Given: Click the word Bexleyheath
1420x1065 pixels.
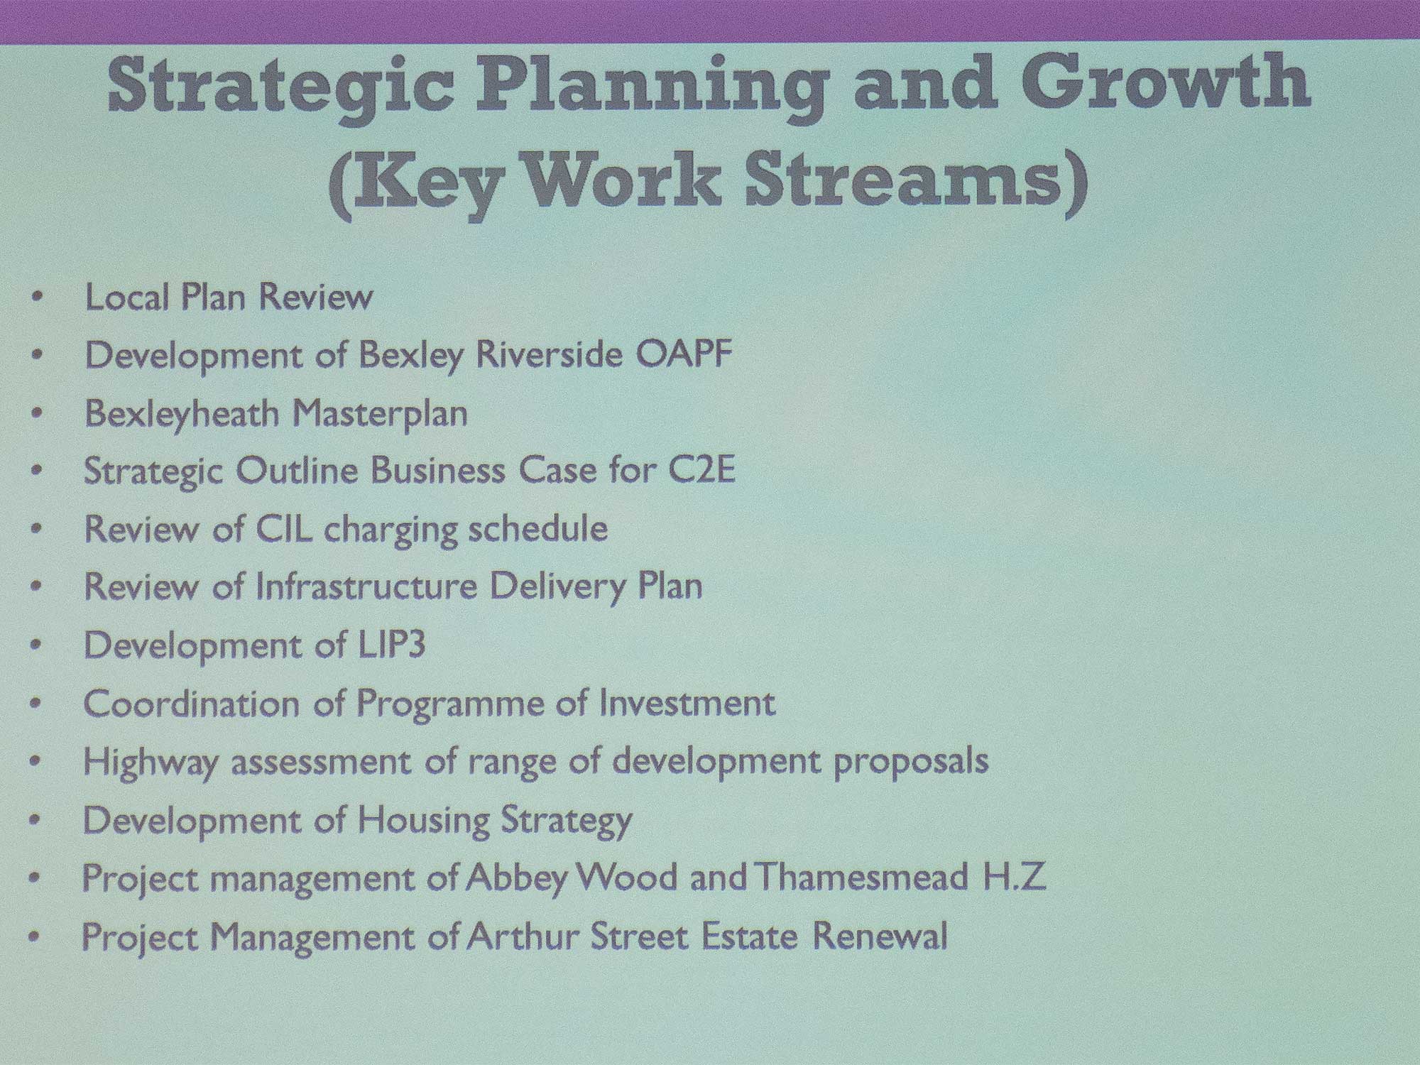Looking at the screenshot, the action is (x=182, y=413).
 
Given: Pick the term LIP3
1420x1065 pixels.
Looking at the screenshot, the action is (x=389, y=645).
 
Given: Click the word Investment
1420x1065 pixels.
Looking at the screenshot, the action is (x=687, y=703).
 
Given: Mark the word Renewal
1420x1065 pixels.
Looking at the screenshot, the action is (x=880, y=935).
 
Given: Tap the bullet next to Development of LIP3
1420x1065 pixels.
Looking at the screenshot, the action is (x=37, y=645).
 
